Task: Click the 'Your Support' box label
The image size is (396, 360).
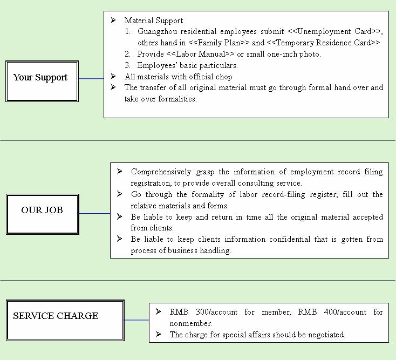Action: point(40,78)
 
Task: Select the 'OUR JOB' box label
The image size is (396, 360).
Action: point(42,210)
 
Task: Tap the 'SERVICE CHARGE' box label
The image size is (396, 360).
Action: point(56,316)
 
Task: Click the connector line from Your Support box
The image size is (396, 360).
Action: point(91,79)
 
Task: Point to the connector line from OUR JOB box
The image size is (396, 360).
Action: point(94,214)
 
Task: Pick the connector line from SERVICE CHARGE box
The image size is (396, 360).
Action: point(136,320)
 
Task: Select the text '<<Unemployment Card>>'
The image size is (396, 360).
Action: point(334,31)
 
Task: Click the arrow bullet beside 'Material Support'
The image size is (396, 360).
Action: point(113,20)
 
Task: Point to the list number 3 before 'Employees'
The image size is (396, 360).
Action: point(127,65)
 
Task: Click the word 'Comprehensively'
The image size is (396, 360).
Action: point(161,172)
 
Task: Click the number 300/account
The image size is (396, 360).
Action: point(217,313)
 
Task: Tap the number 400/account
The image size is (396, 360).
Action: point(345,313)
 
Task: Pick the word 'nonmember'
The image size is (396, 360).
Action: point(190,323)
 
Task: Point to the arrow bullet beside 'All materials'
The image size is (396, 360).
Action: point(113,76)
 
